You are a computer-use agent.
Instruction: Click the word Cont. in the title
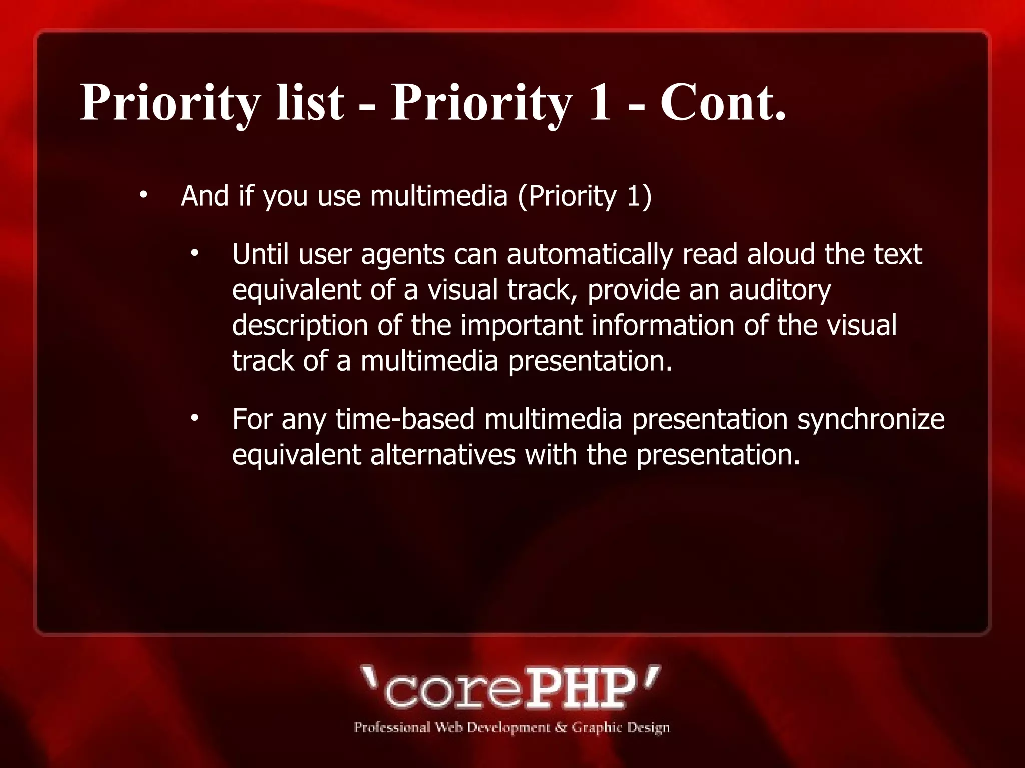click(723, 103)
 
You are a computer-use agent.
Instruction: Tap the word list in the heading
click(310, 103)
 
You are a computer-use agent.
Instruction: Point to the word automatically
click(590, 255)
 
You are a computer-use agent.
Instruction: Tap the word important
click(521, 326)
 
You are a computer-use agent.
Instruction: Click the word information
click(663, 325)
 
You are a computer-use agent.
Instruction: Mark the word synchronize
click(871, 420)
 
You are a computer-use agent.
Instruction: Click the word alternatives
click(442, 455)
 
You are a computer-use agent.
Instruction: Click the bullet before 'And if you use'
click(143, 195)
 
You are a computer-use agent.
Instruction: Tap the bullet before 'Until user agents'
click(195, 254)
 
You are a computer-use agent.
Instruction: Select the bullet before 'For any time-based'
click(195, 419)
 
